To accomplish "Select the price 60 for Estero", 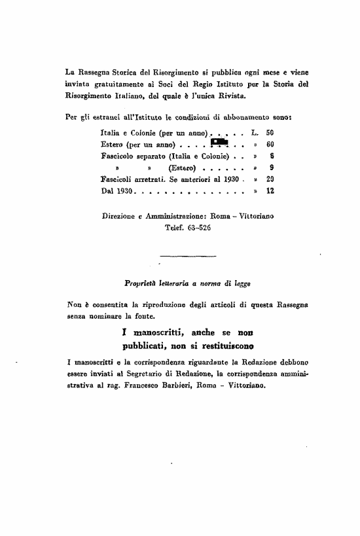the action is point(269,144).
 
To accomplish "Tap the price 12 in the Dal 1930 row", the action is point(269,192).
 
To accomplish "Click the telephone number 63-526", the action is point(196,229).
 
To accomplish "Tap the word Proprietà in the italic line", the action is point(141,285).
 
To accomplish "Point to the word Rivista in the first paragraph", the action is point(226,96).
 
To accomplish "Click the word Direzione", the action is point(122,215).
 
